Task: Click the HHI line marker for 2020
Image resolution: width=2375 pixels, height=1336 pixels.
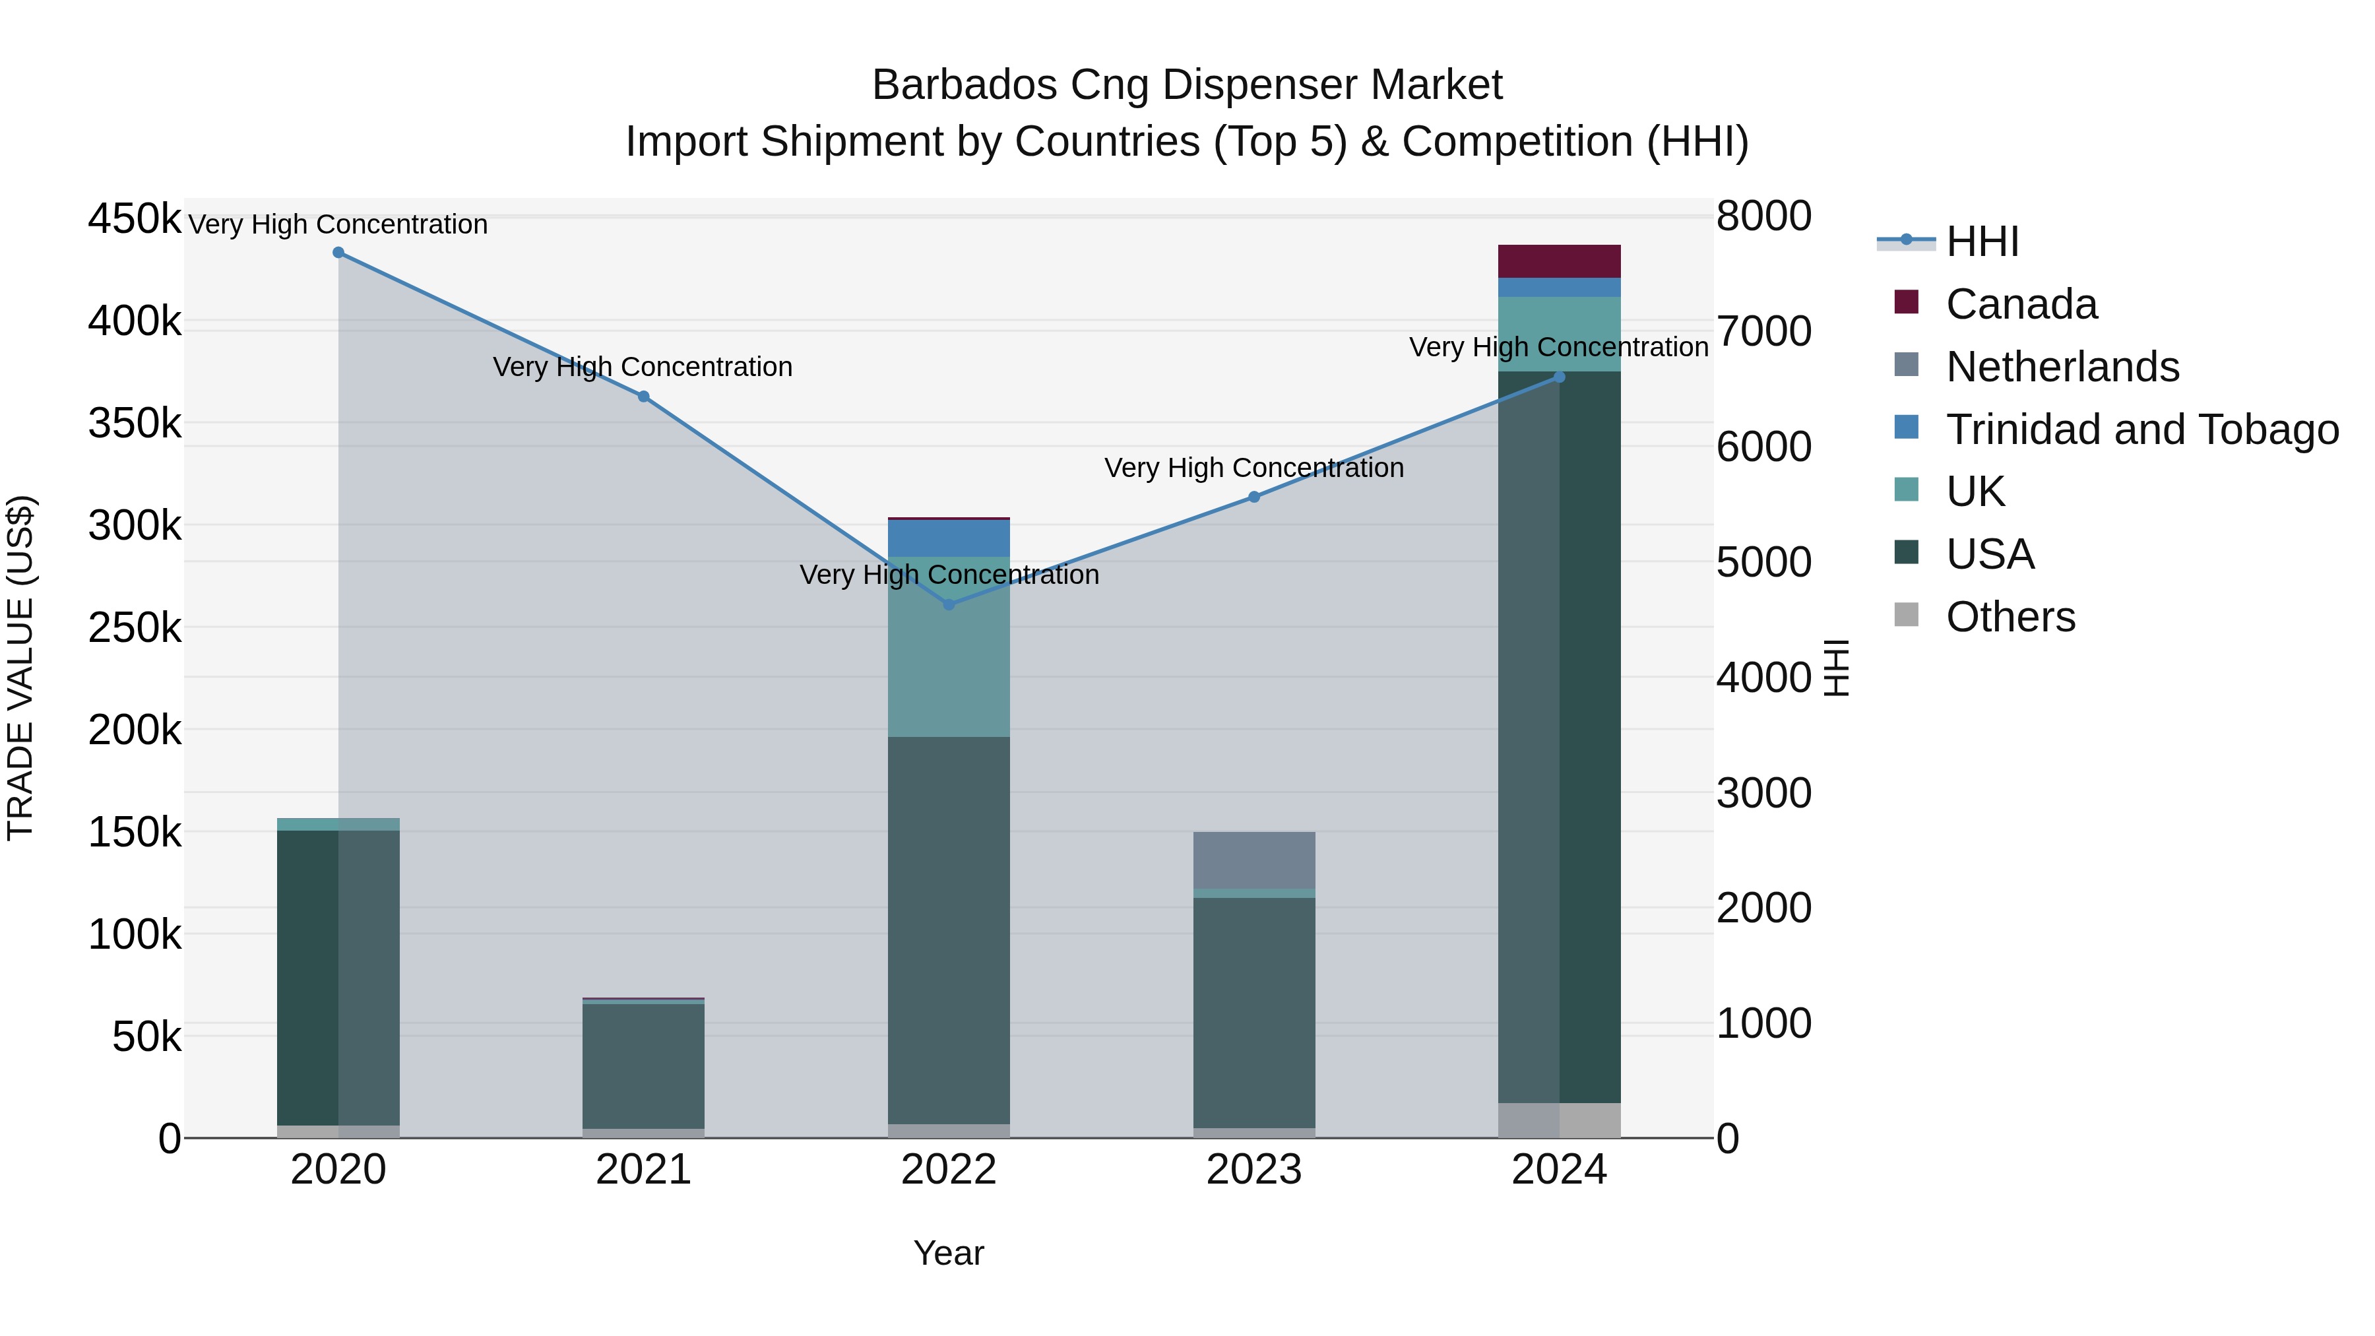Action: click(338, 253)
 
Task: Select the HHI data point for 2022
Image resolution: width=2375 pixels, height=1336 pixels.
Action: click(949, 605)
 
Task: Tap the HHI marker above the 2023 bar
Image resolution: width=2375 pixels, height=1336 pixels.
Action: click(1254, 497)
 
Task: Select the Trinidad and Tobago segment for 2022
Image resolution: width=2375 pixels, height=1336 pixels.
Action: click(949, 538)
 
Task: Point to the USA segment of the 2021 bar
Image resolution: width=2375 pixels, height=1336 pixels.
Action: click(643, 1065)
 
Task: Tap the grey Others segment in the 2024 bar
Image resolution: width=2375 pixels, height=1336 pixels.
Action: click(1559, 1120)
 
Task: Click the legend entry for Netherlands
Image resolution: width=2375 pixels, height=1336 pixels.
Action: click(2062, 367)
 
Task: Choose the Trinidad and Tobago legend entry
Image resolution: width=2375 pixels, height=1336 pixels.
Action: click(2141, 429)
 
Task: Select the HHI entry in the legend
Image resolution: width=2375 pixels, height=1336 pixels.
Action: click(1982, 241)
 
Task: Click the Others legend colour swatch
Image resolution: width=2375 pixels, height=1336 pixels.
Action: click(1906, 615)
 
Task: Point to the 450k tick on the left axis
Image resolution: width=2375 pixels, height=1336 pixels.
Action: click(135, 220)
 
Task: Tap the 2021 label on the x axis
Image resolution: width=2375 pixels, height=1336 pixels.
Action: click(643, 1170)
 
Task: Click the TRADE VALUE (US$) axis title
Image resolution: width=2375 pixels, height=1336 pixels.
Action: click(20, 668)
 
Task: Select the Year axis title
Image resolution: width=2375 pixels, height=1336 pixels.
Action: click(949, 1253)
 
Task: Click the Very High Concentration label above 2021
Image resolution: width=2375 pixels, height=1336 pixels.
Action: click(643, 367)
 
